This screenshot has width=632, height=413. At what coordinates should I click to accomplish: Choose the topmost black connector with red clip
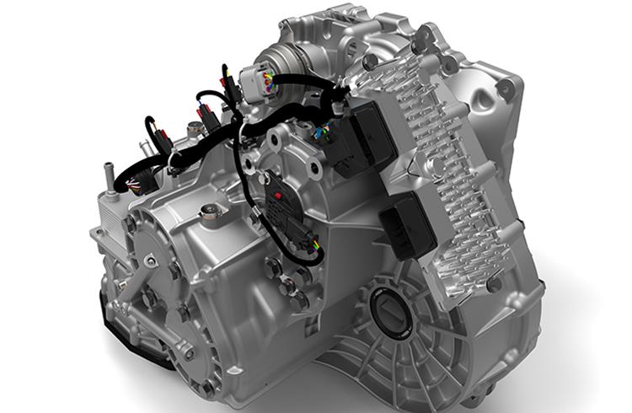coord(225,80)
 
